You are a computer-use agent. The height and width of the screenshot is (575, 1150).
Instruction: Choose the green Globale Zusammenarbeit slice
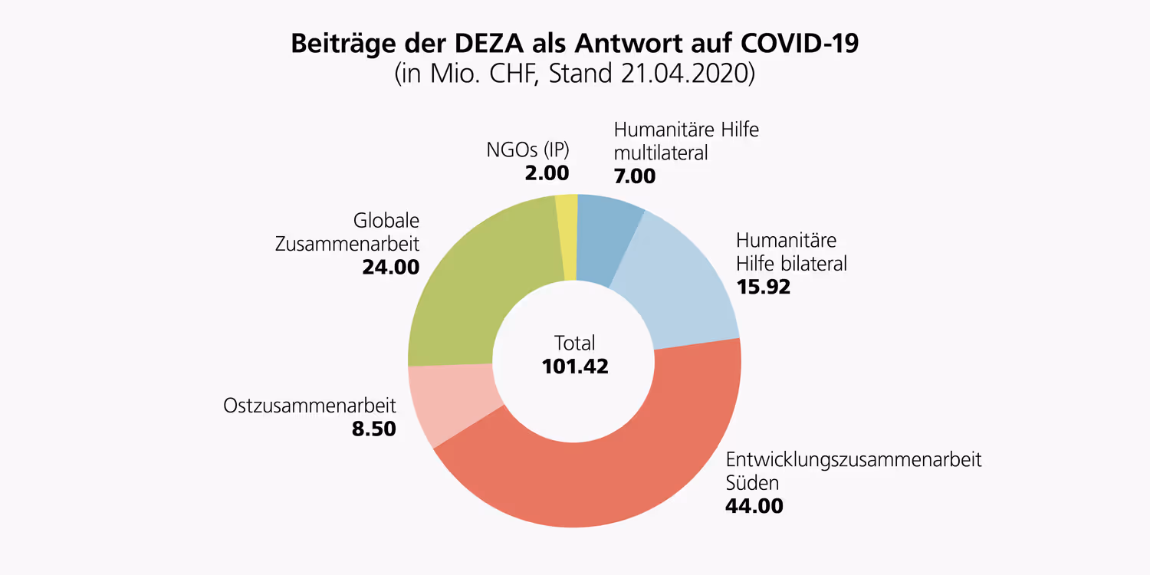pos(475,284)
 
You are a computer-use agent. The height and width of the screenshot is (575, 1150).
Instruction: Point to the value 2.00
pos(547,172)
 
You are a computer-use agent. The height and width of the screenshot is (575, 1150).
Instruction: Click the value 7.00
pos(635,176)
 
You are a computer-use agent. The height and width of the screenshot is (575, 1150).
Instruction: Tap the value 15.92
pos(763,287)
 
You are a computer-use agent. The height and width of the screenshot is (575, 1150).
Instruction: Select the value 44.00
pos(754,506)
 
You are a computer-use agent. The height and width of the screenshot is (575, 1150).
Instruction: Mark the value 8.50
pos(373,429)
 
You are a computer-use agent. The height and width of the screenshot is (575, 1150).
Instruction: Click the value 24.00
pos(390,268)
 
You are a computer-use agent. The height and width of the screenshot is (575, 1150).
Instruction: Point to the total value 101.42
pos(575,366)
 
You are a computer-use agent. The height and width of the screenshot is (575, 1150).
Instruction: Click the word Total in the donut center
pos(575,343)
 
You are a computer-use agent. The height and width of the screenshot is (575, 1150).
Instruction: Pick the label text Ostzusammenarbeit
pos(310,405)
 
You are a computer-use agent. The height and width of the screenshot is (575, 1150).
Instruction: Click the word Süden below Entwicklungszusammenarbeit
pos(752,482)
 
